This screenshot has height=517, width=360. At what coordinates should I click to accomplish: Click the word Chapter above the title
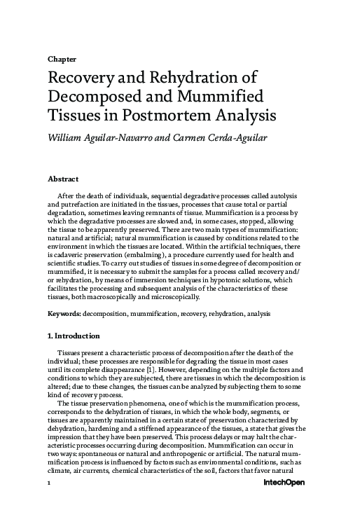click(x=62, y=58)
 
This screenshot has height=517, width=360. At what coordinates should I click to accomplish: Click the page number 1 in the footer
click(x=49, y=503)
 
